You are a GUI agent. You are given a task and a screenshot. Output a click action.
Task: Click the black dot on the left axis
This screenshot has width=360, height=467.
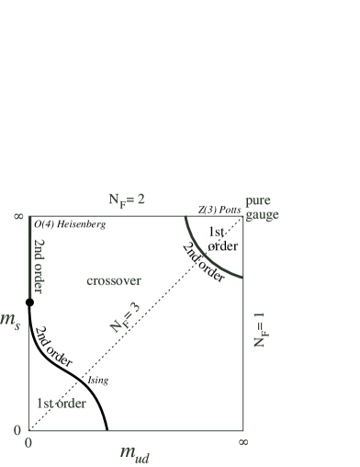click(29, 302)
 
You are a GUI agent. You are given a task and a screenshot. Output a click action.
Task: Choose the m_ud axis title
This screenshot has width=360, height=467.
click(133, 453)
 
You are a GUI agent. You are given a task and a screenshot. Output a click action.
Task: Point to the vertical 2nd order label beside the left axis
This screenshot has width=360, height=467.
click(39, 266)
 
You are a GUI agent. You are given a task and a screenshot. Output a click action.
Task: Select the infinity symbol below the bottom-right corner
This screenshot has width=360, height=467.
click(242, 442)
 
